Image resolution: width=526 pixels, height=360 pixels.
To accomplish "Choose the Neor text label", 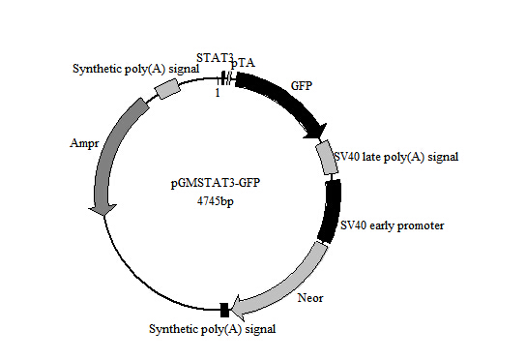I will (x=310, y=297).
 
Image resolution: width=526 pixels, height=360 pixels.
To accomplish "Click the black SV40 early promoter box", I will (x=332, y=211).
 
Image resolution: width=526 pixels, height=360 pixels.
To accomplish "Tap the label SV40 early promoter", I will (x=392, y=225).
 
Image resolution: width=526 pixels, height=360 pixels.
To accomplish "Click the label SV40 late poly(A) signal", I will (x=395, y=156).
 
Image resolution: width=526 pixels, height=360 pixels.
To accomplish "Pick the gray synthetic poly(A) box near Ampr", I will (x=167, y=88).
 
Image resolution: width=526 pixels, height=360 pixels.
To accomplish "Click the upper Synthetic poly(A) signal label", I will (x=130, y=69).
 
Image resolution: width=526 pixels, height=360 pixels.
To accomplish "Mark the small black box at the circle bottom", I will (x=225, y=310).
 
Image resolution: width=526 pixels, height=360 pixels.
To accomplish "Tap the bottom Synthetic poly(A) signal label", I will (x=213, y=329).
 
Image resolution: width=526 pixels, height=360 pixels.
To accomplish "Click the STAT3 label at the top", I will (x=215, y=57).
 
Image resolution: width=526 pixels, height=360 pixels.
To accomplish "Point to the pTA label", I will (x=243, y=62).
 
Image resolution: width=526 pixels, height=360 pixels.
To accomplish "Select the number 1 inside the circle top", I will (x=218, y=93).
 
